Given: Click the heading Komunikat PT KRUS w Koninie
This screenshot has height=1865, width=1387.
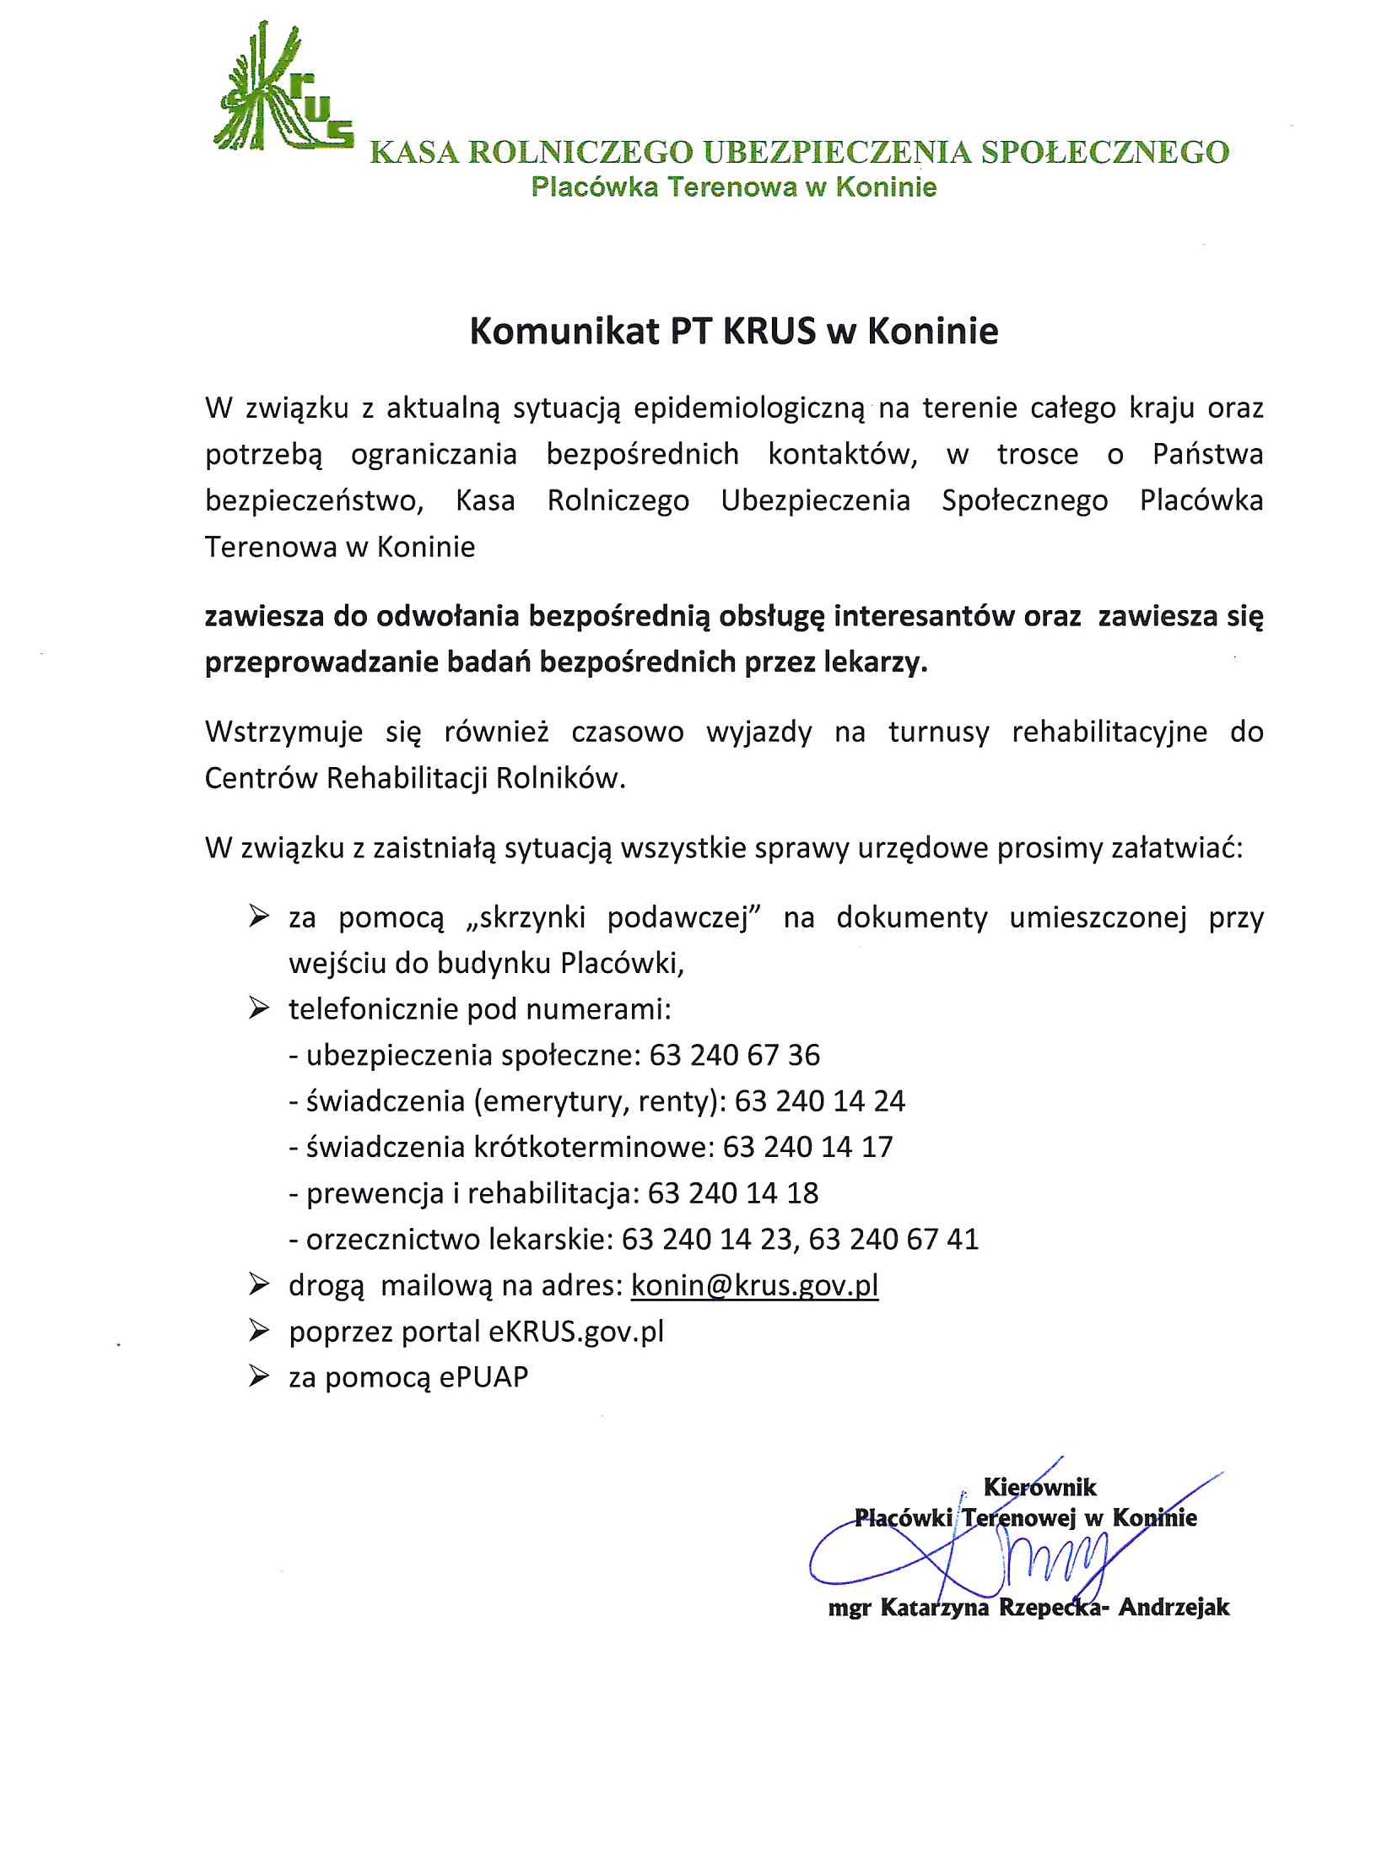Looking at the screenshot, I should coord(733,331).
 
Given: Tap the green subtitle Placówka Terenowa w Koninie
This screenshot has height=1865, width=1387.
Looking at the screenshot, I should coord(733,186).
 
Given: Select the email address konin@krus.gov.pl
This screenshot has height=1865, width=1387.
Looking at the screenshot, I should coord(754,1285).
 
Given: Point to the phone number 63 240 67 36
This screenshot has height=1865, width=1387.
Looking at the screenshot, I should coord(734,1055).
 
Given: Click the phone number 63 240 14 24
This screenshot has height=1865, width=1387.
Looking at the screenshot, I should coord(819,1101).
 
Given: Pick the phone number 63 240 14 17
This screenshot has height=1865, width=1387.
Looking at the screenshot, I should coord(807,1147).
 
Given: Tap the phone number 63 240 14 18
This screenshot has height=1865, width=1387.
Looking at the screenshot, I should coord(732,1193).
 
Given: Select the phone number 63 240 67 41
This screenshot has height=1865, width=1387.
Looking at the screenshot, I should coord(893,1239).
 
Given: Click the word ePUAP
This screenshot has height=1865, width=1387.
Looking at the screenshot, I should coord(483,1377).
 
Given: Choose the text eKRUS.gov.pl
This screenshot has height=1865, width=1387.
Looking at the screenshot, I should coord(576,1332).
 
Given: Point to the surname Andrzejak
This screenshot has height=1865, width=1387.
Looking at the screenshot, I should coord(1174,1607).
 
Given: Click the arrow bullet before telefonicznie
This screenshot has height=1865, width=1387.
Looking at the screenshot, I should coord(258,1008).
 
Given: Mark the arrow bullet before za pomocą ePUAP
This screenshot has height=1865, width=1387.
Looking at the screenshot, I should coord(258,1377).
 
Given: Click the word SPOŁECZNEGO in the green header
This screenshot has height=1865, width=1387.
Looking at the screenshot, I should coord(1104,153).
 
